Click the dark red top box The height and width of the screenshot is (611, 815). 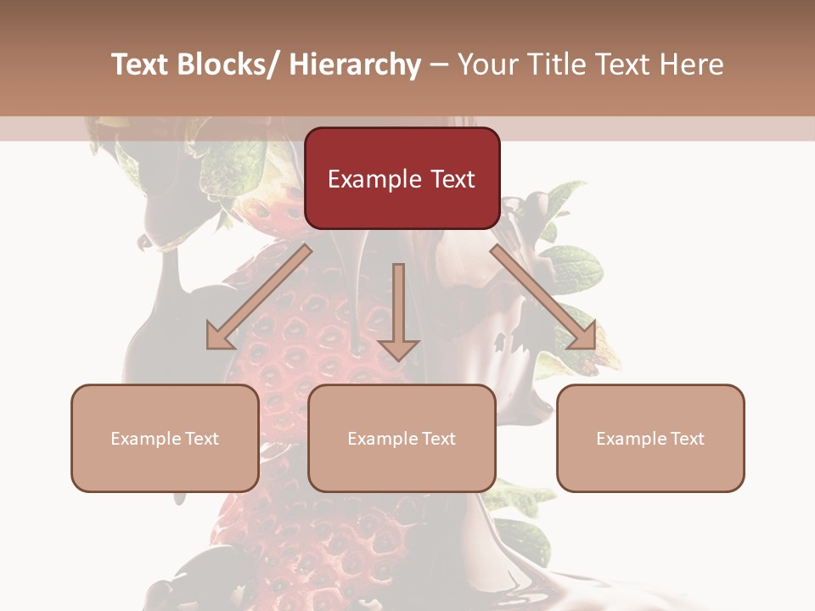pyautogui.click(x=402, y=178)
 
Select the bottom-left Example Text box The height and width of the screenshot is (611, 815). pyautogui.click(x=165, y=438)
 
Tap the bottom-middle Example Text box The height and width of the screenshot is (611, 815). pyautogui.click(x=402, y=438)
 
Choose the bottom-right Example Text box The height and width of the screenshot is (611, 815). pyautogui.click(x=650, y=438)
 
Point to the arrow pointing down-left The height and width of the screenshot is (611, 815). pyautogui.click(x=259, y=297)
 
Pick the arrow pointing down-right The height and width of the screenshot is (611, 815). pyautogui.click(x=543, y=297)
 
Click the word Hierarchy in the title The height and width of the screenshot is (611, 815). pyautogui.click(x=355, y=64)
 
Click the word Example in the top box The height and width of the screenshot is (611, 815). pyautogui.click(x=374, y=179)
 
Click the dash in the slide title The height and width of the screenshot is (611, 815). pyautogui.click(x=439, y=64)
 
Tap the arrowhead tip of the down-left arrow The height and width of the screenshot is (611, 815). pyautogui.click(x=210, y=346)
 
